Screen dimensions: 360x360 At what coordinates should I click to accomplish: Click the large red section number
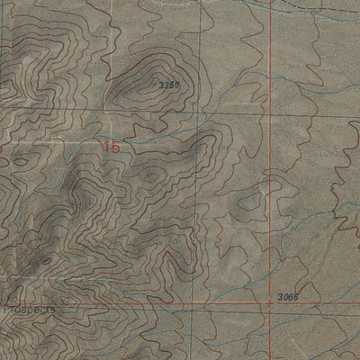[x=112, y=145]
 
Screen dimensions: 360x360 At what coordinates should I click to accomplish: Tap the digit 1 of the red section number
[x=106, y=145]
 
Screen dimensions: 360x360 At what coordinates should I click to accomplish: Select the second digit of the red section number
[x=115, y=146]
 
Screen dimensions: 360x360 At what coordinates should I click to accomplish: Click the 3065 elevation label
[x=288, y=296]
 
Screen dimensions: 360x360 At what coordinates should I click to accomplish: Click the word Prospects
[x=27, y=308]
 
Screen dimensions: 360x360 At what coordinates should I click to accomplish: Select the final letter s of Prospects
[x=52, y=308]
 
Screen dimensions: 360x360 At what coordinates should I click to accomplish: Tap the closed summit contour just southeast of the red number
[x=151, y=173]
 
